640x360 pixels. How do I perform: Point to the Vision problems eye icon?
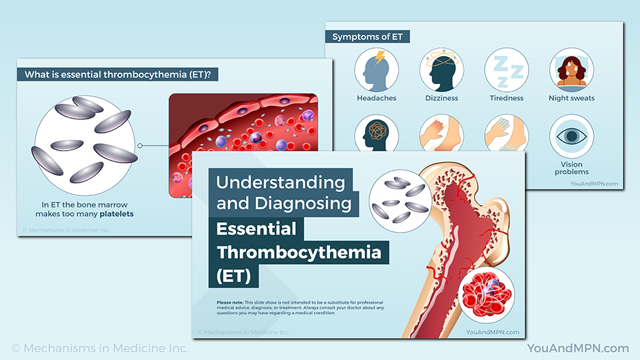571,136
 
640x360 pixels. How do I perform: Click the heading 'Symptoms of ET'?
371,36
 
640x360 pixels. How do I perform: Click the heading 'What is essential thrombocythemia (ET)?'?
117,75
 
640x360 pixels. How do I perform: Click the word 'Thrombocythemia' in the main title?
299,253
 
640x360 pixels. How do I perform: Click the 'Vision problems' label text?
571,168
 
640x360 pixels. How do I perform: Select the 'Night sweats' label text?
571,98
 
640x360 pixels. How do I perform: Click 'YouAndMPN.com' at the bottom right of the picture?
577,348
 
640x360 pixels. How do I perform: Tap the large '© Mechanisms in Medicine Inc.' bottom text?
100,348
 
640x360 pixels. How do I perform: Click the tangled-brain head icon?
377,133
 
